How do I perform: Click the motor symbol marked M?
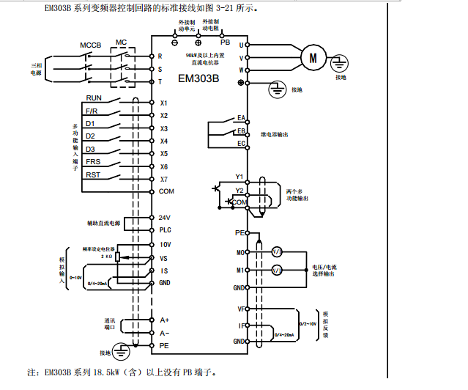pyautogui.click(x=314, y=58)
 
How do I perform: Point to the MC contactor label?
pyautogui.click(x=122, y=43)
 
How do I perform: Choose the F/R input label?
pyautogui.click(x=92, y=111)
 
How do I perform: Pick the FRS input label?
pyautogui.click(x=93, y=161)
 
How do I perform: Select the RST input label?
pyautogui.click(x=93, y=174)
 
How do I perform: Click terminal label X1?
pyautogui.click(x=164, y=103)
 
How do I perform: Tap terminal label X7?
pyautogui.click(x=164, y=179)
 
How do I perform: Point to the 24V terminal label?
pyautogui.click(x=165, y=217)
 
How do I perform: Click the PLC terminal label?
pyautogui.click(x=166, y=229)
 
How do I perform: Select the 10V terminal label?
pyautogui.click(x=165, y=244)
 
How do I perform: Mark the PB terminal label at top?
pyautogui.click(x=226, y=43)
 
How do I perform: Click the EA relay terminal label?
pyautogui.click(x=240, y=118)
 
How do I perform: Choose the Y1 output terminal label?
pyautogui.click(x=239, y=176)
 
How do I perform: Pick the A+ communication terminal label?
pyautogui.click(x=165, y=320)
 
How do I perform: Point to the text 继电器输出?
pyautogui.click(x=275, y=135)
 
